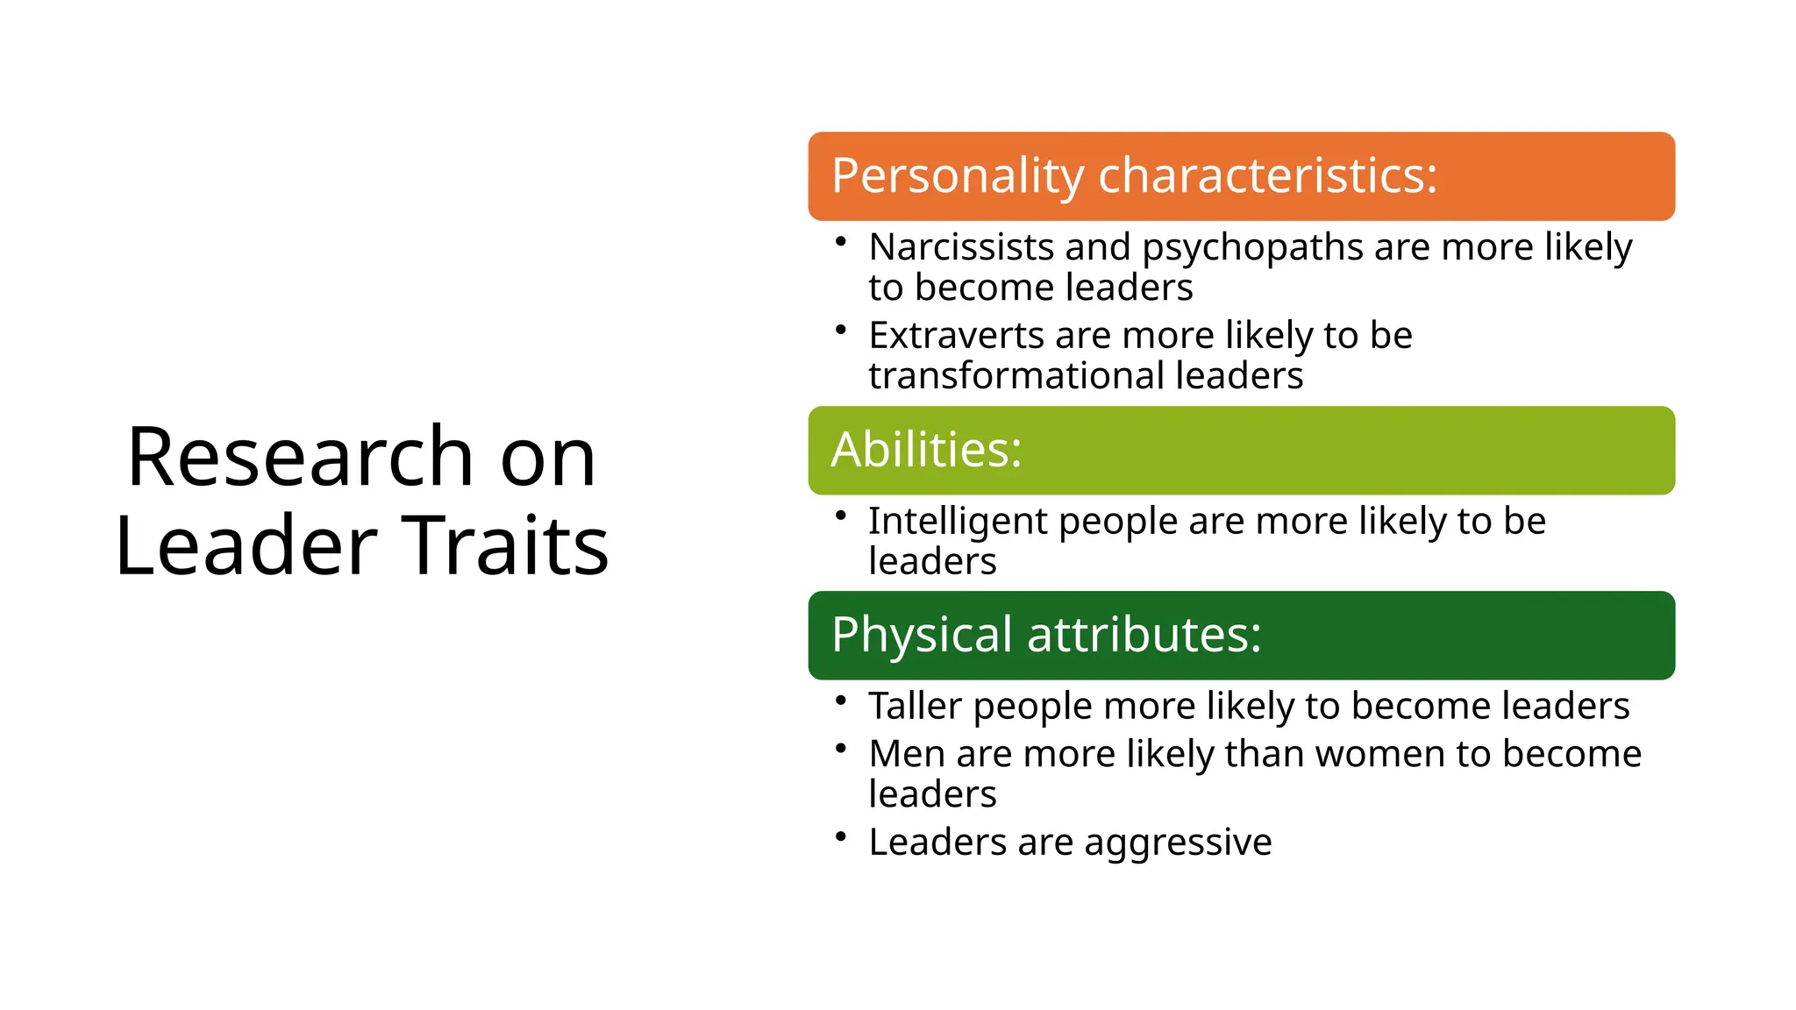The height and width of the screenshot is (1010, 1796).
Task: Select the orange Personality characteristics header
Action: (x=1241, y=176)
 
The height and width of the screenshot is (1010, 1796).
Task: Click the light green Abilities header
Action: (x=1241, y=450)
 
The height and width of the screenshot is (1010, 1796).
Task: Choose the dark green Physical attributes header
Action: (x=1241, y=635)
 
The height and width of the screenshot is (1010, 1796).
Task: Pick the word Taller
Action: (x=915, y=706)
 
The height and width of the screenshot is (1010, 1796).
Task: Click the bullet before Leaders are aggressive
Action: (x=840, y=836)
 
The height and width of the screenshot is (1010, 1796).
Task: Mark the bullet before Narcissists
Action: (x=840, y=241)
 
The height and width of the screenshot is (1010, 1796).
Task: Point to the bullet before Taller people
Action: (x=840, y=700)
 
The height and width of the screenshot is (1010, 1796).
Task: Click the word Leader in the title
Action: (x=246, y=546)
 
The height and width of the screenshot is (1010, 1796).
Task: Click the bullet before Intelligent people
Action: (x=840, y=515)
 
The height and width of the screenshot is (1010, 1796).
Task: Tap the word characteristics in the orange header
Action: (x=1267, y=175)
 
